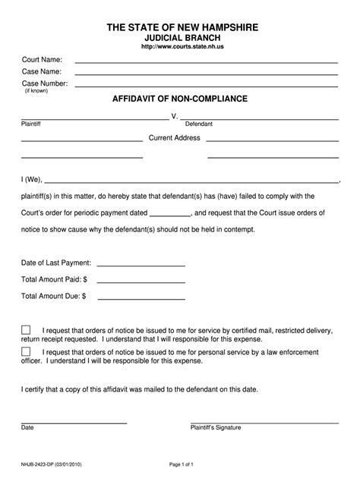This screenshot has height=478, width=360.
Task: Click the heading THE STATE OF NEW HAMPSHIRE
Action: [181, 27]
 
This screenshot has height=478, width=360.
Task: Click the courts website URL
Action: [181, 47]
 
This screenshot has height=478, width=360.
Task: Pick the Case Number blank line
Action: [207, 86]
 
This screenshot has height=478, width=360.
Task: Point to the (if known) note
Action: [36, 91]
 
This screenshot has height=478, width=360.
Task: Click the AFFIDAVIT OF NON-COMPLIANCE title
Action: [180, 99]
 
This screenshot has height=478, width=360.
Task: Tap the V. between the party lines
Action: [175, 117]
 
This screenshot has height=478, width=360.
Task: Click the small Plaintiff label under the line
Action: [31, 124]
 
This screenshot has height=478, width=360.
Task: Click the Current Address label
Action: [174, 138]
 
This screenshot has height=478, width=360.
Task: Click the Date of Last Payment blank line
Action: [141, 266]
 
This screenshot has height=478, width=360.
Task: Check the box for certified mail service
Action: [27, 330]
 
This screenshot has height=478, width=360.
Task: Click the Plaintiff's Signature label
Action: [216, 427]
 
